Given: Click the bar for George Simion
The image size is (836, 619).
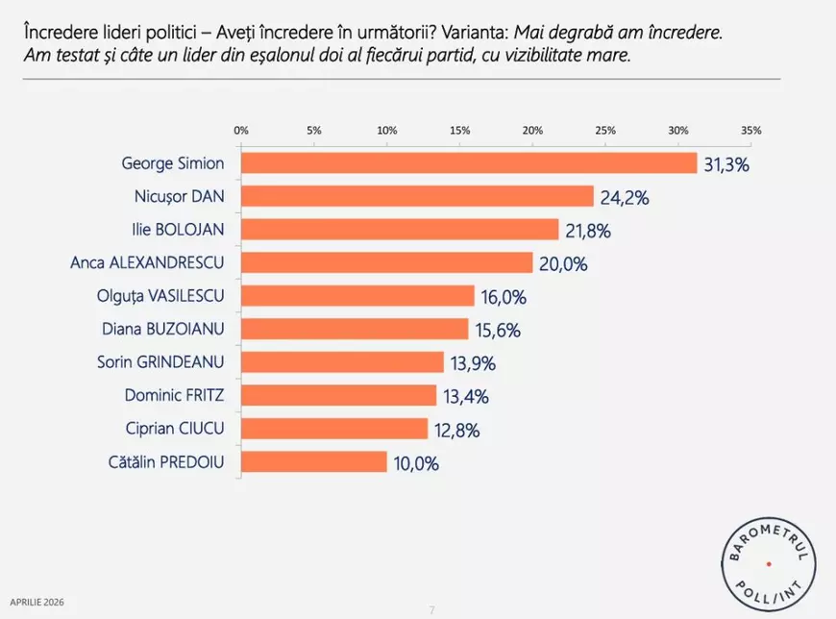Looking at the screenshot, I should tap(469, 163).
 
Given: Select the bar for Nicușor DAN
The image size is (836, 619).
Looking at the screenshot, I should tap(417, 197).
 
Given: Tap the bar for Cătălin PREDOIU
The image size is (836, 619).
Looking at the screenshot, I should tap(313, 462).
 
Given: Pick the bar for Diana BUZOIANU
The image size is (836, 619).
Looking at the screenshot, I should tap(355, 330).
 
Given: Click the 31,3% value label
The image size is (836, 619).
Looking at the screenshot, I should tap(726, 164).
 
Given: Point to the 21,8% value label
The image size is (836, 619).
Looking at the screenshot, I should tap(588, 231).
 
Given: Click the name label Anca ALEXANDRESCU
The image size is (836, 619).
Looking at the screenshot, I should tap(148, 262).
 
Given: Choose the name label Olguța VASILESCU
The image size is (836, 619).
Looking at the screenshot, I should tap(159, 296).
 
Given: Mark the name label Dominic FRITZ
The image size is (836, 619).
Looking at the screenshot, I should tap(174, 395).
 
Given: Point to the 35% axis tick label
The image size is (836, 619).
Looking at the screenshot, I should tap(751, 130).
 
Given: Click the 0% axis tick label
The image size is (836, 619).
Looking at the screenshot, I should tap(241, 130).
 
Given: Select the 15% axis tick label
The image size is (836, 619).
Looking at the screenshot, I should tap(459, 130).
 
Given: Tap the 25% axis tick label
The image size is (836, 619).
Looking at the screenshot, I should tap(605, 130).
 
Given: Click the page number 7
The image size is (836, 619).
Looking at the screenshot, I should tap(432, 608).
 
